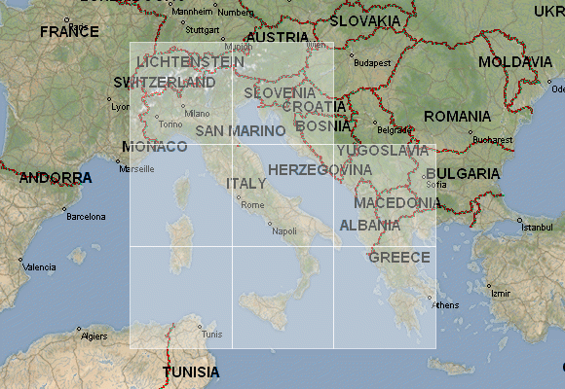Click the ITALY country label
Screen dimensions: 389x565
tap(245, 184)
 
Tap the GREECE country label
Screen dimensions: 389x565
tap(398, 257)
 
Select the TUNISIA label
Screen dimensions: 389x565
tap(191, 372)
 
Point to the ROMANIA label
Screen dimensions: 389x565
tap(458, 116)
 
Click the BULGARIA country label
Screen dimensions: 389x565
tap(462, 174)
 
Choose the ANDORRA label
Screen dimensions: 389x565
tap(56, 178)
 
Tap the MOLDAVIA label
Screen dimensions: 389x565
tap(515, 61)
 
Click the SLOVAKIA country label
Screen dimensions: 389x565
tap(365, 20)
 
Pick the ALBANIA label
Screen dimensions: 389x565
tap(369, 226)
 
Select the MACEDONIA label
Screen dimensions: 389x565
tap(396, 203)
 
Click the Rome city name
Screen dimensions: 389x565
tap(252, 205)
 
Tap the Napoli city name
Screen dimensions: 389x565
tap(283, 231)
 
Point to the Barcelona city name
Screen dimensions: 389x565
tap(85, 217)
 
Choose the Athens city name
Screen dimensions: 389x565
tap(444, 304)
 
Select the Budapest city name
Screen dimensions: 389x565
tap(371, 63)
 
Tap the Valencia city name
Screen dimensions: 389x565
tap(40, 266)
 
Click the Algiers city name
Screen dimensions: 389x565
tap(94, 336)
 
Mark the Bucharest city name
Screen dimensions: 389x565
tap(492, 139)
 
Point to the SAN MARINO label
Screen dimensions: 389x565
tap(240, 130)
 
